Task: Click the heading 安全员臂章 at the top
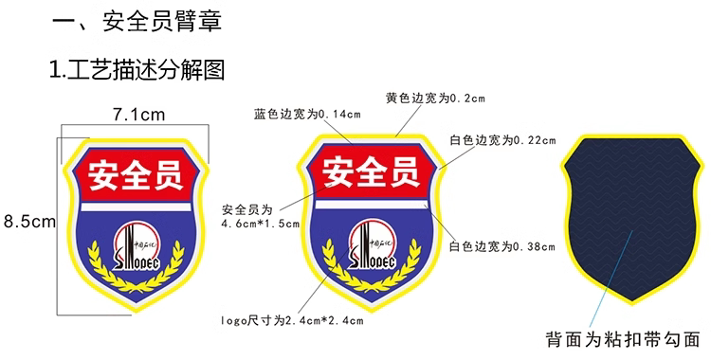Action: tap(162, 21)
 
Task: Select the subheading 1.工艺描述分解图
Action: tap(137, 70)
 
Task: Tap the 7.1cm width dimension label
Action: tap(138, 115)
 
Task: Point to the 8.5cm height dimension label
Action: tap(30, 222)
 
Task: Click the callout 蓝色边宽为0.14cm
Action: tap(307, 115)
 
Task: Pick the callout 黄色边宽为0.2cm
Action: tap(435, 98)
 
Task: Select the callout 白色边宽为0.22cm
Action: tap(502, 140)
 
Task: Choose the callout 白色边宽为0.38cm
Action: tap(501, 246)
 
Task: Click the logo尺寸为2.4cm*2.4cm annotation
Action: tap(292, 320)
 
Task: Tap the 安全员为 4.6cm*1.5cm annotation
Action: tap(261, 216)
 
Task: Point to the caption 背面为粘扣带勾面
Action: tap(623, 339)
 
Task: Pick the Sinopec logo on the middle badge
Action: tap(372, 243)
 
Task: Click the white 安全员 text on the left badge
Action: tap(136, 175)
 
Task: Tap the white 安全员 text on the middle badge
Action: tap(371, 171)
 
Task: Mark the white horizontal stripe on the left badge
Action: tap(136, 207)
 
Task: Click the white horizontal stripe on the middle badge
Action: tap(372, 205)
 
